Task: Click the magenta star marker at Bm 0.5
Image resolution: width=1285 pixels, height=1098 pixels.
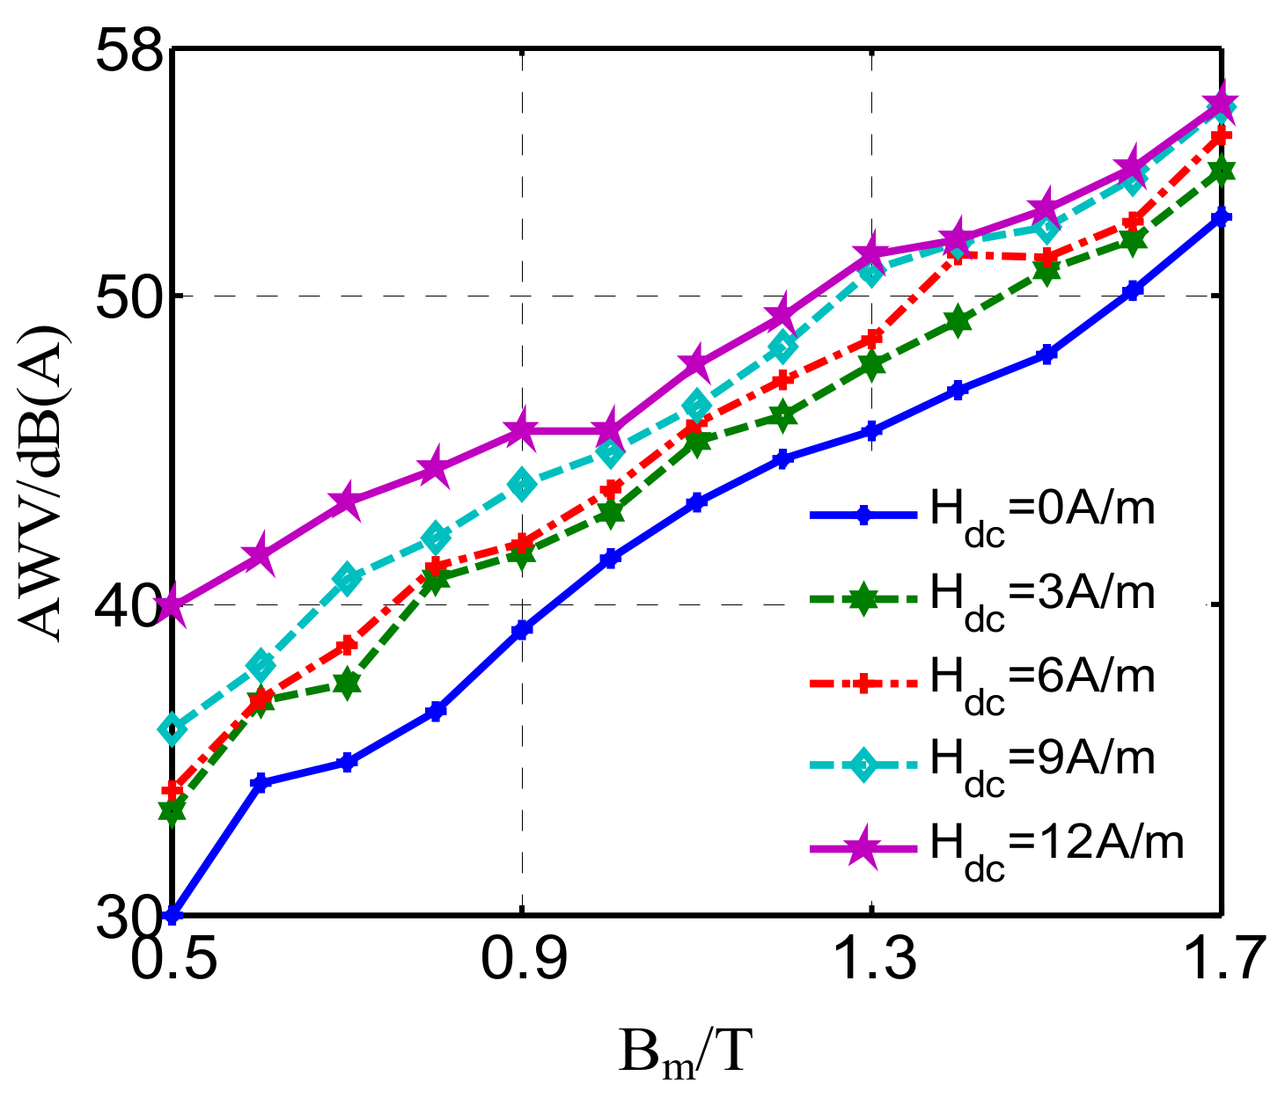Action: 173,605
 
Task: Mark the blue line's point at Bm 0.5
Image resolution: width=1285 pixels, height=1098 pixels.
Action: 173,915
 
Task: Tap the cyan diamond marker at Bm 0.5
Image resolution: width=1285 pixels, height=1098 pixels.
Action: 173,729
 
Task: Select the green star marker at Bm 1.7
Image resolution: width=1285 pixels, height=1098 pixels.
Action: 1221,172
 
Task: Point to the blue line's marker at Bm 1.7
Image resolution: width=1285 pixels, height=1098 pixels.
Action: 1221,217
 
